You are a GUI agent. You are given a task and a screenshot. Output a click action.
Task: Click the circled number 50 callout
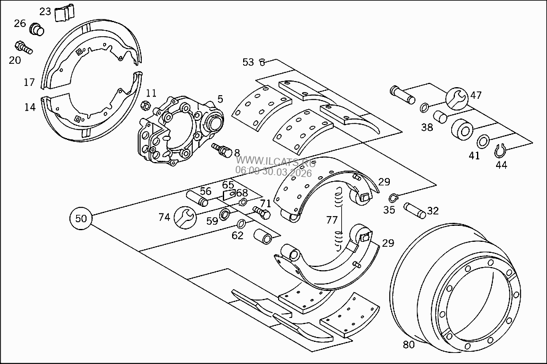(x=81, y=217)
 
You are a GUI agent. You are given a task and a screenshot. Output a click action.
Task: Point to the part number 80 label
(x=409, y=344)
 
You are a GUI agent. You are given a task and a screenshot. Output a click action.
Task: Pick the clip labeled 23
(x=64, y=13)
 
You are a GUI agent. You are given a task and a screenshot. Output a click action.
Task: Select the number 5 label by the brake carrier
(x=220, y=98)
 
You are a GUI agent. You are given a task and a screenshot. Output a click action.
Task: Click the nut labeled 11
(x=146, y=104)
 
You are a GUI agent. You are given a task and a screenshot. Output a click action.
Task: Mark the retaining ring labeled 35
(x=394, y=198)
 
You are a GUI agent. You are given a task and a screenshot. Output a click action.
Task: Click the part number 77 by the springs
(x=332, y=220)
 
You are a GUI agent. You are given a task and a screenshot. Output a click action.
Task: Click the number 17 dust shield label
(x=29, y=82)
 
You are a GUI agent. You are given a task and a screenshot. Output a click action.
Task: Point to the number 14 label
(x=29, y=107)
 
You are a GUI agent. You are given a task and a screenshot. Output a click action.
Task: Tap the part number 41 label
(x=475, y=155)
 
